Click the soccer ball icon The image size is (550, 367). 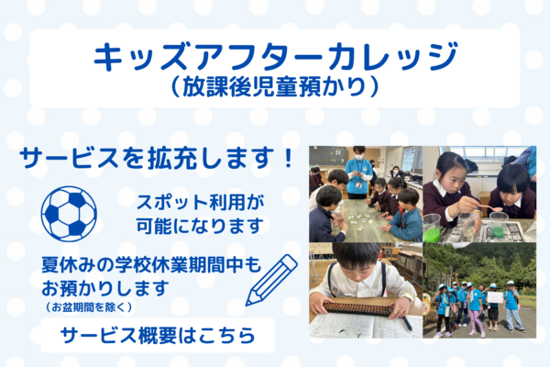click(x=69, y=213)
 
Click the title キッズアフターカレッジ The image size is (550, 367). click(x=275, y=59)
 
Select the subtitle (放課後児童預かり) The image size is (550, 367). click(x=275, y=89)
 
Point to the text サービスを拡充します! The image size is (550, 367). click(x=158, y=158)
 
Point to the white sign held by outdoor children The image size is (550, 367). click(x=495, y=296)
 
